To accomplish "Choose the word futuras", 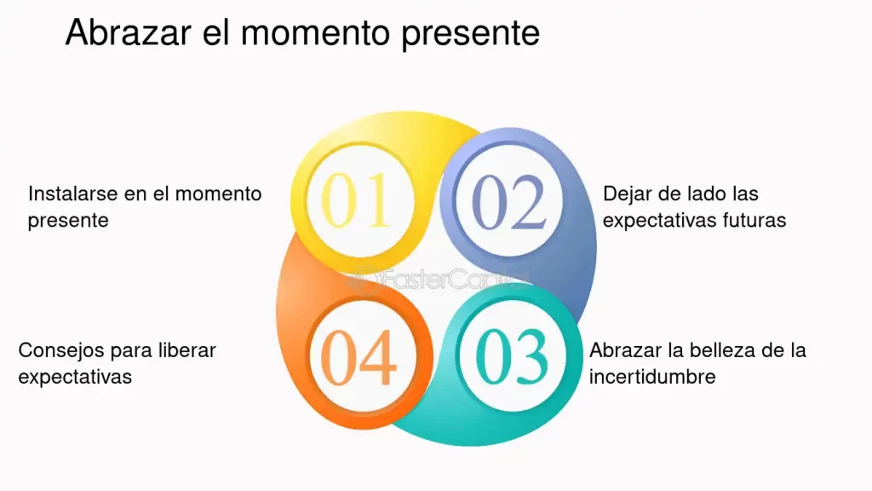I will click(754, 220).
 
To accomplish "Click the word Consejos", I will click(58, 350).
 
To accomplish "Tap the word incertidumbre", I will click(652, 377).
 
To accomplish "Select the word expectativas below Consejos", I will click(75, 377).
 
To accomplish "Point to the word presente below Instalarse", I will click(68, 220).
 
